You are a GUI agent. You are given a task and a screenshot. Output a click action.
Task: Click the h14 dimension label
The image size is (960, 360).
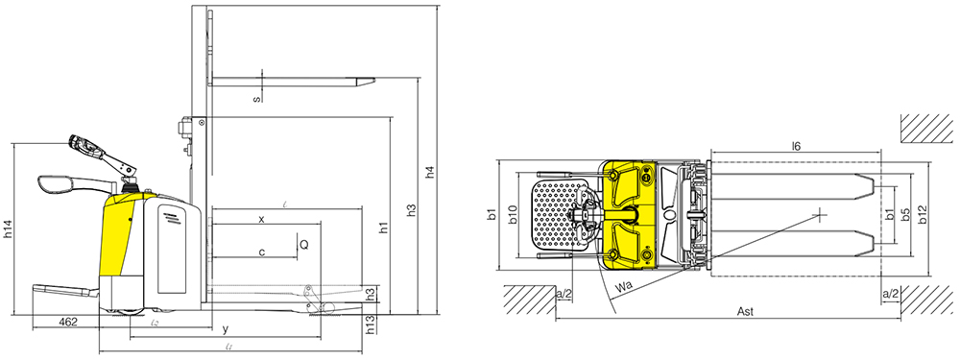pyautogui.click(x=9, y=228)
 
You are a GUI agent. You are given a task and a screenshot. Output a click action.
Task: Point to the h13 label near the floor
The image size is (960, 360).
pyautogui.click(x=371, y=325)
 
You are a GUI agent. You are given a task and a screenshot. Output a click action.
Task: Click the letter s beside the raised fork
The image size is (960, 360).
pyautogui.click(x=256, y=98)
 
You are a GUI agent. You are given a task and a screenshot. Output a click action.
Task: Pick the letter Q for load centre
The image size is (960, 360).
pyautogui.click(x=304, y=245)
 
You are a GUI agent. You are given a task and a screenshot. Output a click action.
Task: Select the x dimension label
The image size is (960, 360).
pyautogui.click(x=261, y=219)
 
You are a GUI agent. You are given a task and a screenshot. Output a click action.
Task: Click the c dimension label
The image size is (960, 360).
pyautogui.click(x=261, y=252)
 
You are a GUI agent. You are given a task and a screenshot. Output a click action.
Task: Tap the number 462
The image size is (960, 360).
pyautogui.click(x=67, y=323)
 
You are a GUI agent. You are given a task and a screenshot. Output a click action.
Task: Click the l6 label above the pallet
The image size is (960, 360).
pyautogui.click(x=796, y=146)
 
